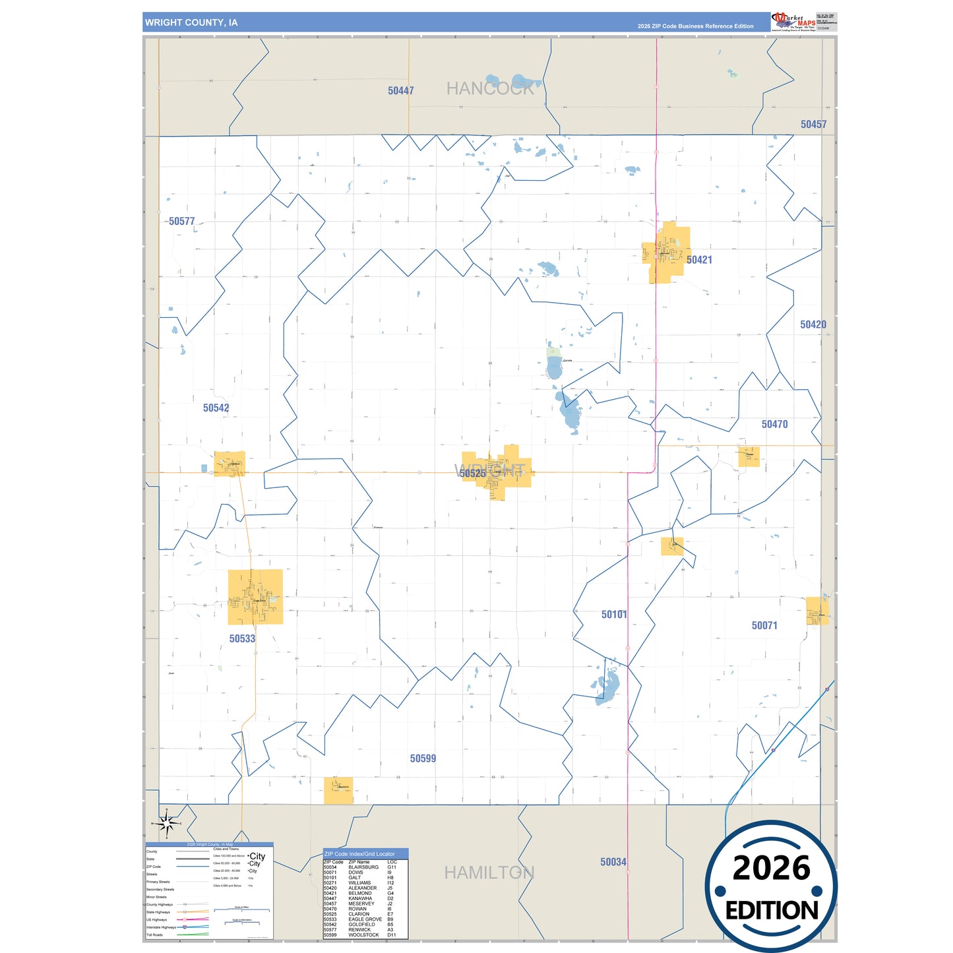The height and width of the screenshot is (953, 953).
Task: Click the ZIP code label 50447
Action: tap(400, 91)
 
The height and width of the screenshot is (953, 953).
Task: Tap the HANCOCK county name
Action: tap(489, 88)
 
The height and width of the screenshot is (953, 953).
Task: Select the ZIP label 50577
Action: tap(181, 222)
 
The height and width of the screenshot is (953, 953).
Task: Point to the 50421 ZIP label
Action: tap(699, 260)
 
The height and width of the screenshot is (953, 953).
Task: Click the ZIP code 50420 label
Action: tap(813, 324)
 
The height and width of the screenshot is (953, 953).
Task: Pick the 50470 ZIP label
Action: tap(774, 424)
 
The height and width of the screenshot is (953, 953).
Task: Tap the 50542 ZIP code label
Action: tap(216, 408)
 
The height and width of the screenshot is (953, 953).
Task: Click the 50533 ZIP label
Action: tap(242, 638)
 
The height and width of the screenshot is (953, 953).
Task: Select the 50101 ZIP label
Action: tap(614, 615)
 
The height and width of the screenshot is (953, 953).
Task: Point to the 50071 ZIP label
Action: tap(764, 625)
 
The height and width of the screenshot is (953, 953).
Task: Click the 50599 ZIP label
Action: tap(423, 758)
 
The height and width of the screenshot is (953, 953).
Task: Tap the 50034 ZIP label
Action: tap(613, 862)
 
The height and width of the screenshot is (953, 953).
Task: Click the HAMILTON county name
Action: tap(489, 873)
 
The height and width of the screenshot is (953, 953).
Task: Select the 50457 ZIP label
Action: tap(813, 124)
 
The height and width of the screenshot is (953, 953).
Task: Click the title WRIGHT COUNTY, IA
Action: tap(191, 22)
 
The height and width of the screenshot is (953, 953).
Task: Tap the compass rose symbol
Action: tap(167, 823)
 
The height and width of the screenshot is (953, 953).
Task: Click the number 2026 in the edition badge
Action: tap(771, 868)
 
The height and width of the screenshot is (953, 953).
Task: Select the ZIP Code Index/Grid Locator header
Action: tap(359, 853)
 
